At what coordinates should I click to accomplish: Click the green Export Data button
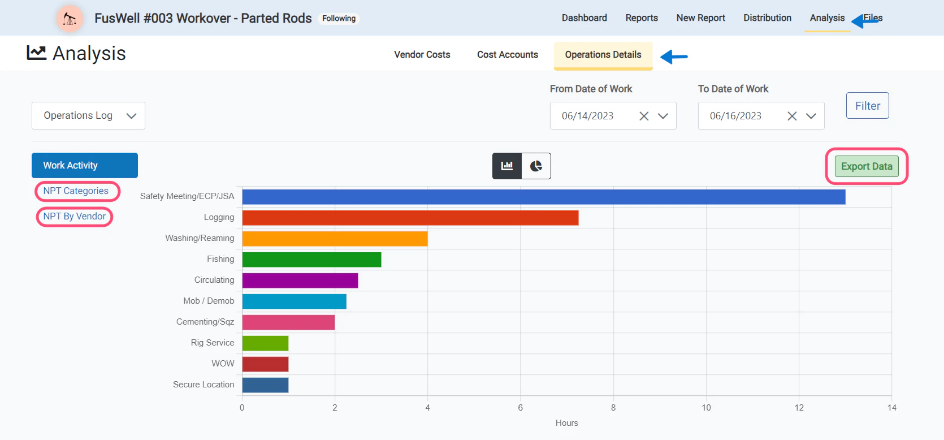[866, 166]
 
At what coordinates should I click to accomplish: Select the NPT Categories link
[76, 191]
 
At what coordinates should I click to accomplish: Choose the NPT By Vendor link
[75, 217]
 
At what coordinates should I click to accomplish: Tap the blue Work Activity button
[84, 165]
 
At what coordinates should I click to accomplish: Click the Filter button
[867, 106]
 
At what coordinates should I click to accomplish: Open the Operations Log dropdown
[88, 115]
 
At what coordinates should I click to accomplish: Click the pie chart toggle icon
[536, 166]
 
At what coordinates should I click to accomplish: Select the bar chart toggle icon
[507, 166]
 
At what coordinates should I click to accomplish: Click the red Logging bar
[410, 218]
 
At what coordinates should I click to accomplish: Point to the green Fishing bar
[311, 260]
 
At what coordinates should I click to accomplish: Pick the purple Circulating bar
[300, 281]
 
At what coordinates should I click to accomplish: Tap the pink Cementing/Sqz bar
[288, 322]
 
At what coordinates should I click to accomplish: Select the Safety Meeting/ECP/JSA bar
[543, 197]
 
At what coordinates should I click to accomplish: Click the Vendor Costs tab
[422, 55]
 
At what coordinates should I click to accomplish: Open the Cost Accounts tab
[507, 55]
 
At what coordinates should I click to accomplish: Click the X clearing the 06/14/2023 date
[643, 116]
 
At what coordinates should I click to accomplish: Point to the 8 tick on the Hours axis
[613, 408]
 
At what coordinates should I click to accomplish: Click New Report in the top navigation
[700, 18]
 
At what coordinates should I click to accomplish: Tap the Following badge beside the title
[339, 19]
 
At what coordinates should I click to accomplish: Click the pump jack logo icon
[70, 19]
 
